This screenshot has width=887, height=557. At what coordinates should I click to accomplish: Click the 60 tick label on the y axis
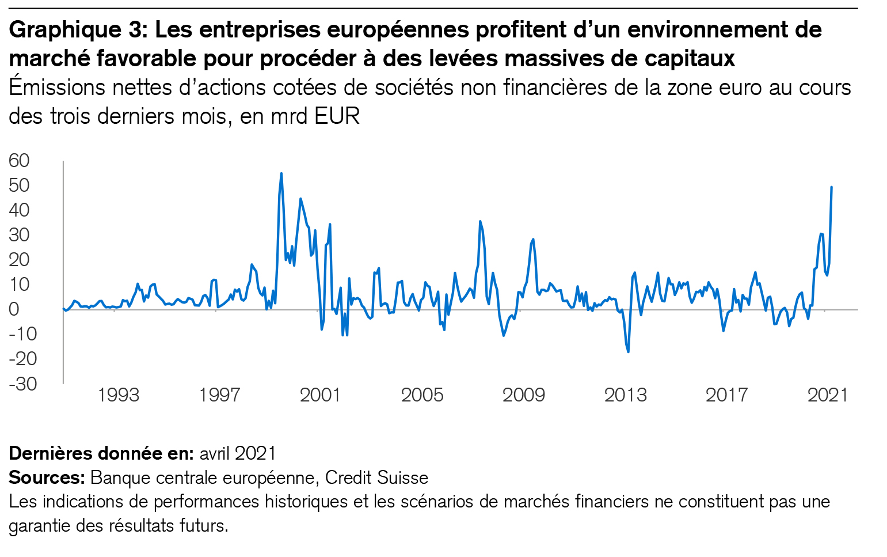tap(18, 161)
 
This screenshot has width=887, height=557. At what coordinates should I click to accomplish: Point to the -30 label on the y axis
tap(22, 384)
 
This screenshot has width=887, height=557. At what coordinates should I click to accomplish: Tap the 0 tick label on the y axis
tap(14, 309)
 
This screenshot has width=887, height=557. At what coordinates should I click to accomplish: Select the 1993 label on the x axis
tap(119, 395)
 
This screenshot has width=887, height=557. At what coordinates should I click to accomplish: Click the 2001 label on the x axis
tap(320, 395)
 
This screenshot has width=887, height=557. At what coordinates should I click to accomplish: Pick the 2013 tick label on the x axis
tap(625, 395)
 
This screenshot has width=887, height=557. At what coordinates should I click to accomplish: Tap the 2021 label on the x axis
tap(828, 395)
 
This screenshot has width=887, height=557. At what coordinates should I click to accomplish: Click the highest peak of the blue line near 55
tap(281, 173)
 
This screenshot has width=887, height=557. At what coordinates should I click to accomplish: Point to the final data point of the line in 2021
tap(832, 187)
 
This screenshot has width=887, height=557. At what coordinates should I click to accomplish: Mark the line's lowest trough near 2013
tap(628, 352)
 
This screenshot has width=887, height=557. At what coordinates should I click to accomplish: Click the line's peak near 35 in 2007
tap(480, 221)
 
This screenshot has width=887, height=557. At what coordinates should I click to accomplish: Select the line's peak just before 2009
tap(533, 239)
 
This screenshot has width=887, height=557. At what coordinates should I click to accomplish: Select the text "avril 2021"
tap(238, 453)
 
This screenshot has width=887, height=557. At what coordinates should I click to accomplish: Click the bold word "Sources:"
tap(47, 478)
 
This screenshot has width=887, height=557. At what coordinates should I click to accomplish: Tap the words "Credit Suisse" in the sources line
tap(376, 478)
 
